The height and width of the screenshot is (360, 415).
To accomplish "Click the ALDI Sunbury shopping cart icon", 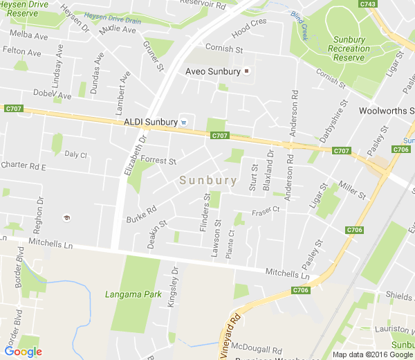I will (184, 122).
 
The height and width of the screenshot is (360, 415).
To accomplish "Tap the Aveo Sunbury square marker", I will (246, 71).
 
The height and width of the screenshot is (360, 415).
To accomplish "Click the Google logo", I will (23, 352).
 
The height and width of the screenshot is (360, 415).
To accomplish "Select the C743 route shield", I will (368, 4).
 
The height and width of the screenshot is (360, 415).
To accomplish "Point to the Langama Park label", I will (133, 295).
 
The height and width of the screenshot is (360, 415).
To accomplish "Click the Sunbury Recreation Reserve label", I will (349, 48).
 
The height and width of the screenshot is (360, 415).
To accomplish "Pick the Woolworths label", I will (386, 111).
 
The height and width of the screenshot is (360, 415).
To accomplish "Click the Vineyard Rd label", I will (230, 335).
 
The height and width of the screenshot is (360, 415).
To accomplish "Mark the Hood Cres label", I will (249, 28).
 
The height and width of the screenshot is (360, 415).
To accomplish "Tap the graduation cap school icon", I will (66, 218).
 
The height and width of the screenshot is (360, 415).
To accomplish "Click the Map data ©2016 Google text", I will (371, 354).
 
